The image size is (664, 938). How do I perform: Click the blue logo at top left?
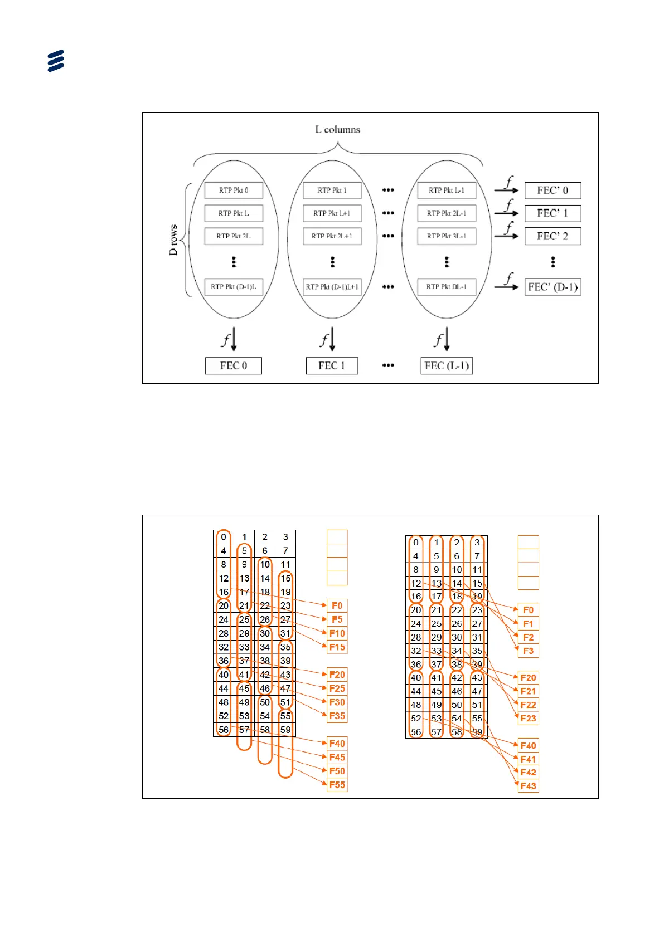click(56, 61)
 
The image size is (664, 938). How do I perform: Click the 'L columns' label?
click(337, 130)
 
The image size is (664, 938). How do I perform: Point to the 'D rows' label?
click(174, 240)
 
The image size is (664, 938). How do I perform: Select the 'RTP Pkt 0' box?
click(234, 190)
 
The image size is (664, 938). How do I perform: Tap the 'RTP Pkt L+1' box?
click(332, 213)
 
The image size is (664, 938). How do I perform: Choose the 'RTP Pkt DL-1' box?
click(447, 287)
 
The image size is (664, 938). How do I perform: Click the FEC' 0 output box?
click(552, 190)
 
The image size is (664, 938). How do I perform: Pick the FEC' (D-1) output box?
click(552, 287)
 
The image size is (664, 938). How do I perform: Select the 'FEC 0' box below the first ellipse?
click(234, 365)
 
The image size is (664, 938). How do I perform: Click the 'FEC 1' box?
click(332, 365)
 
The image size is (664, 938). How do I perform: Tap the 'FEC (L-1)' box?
click(447, 365)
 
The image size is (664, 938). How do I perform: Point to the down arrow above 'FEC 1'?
click(332, 339)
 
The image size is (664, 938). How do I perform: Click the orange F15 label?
click(337, 647)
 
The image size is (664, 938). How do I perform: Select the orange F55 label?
click(337, 785)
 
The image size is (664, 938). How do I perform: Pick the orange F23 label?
click(528, 719)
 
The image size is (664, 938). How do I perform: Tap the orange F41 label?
click(528, 759)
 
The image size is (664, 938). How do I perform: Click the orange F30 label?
click(337, 702)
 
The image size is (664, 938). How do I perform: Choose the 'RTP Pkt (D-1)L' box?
click(234, 287)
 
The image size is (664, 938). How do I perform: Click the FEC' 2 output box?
click(552, 236)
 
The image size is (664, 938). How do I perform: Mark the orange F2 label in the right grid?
click(528, 637)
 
